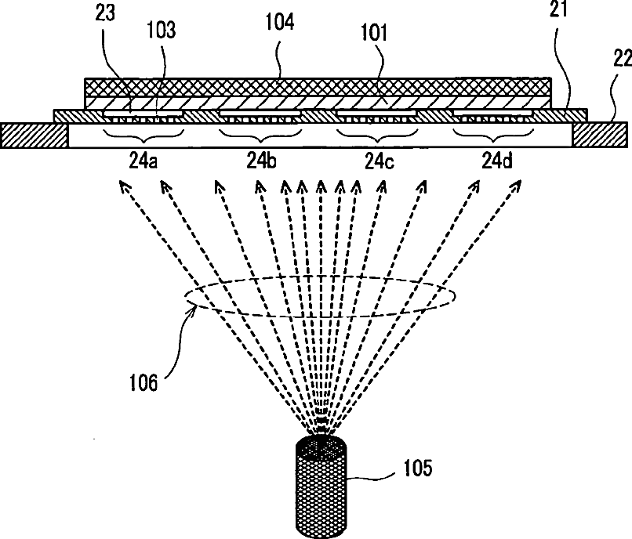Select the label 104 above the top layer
[279, 21]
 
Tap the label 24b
[261, 163]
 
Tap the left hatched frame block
[35, 135]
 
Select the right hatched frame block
[600, 135]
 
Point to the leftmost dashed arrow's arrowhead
[122, 184]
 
